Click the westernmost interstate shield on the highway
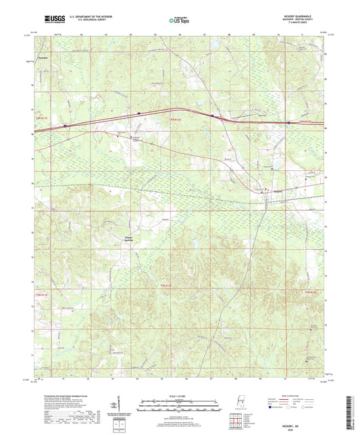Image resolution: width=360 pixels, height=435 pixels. (66, 125)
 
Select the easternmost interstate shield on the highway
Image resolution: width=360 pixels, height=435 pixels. (290, 122)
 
